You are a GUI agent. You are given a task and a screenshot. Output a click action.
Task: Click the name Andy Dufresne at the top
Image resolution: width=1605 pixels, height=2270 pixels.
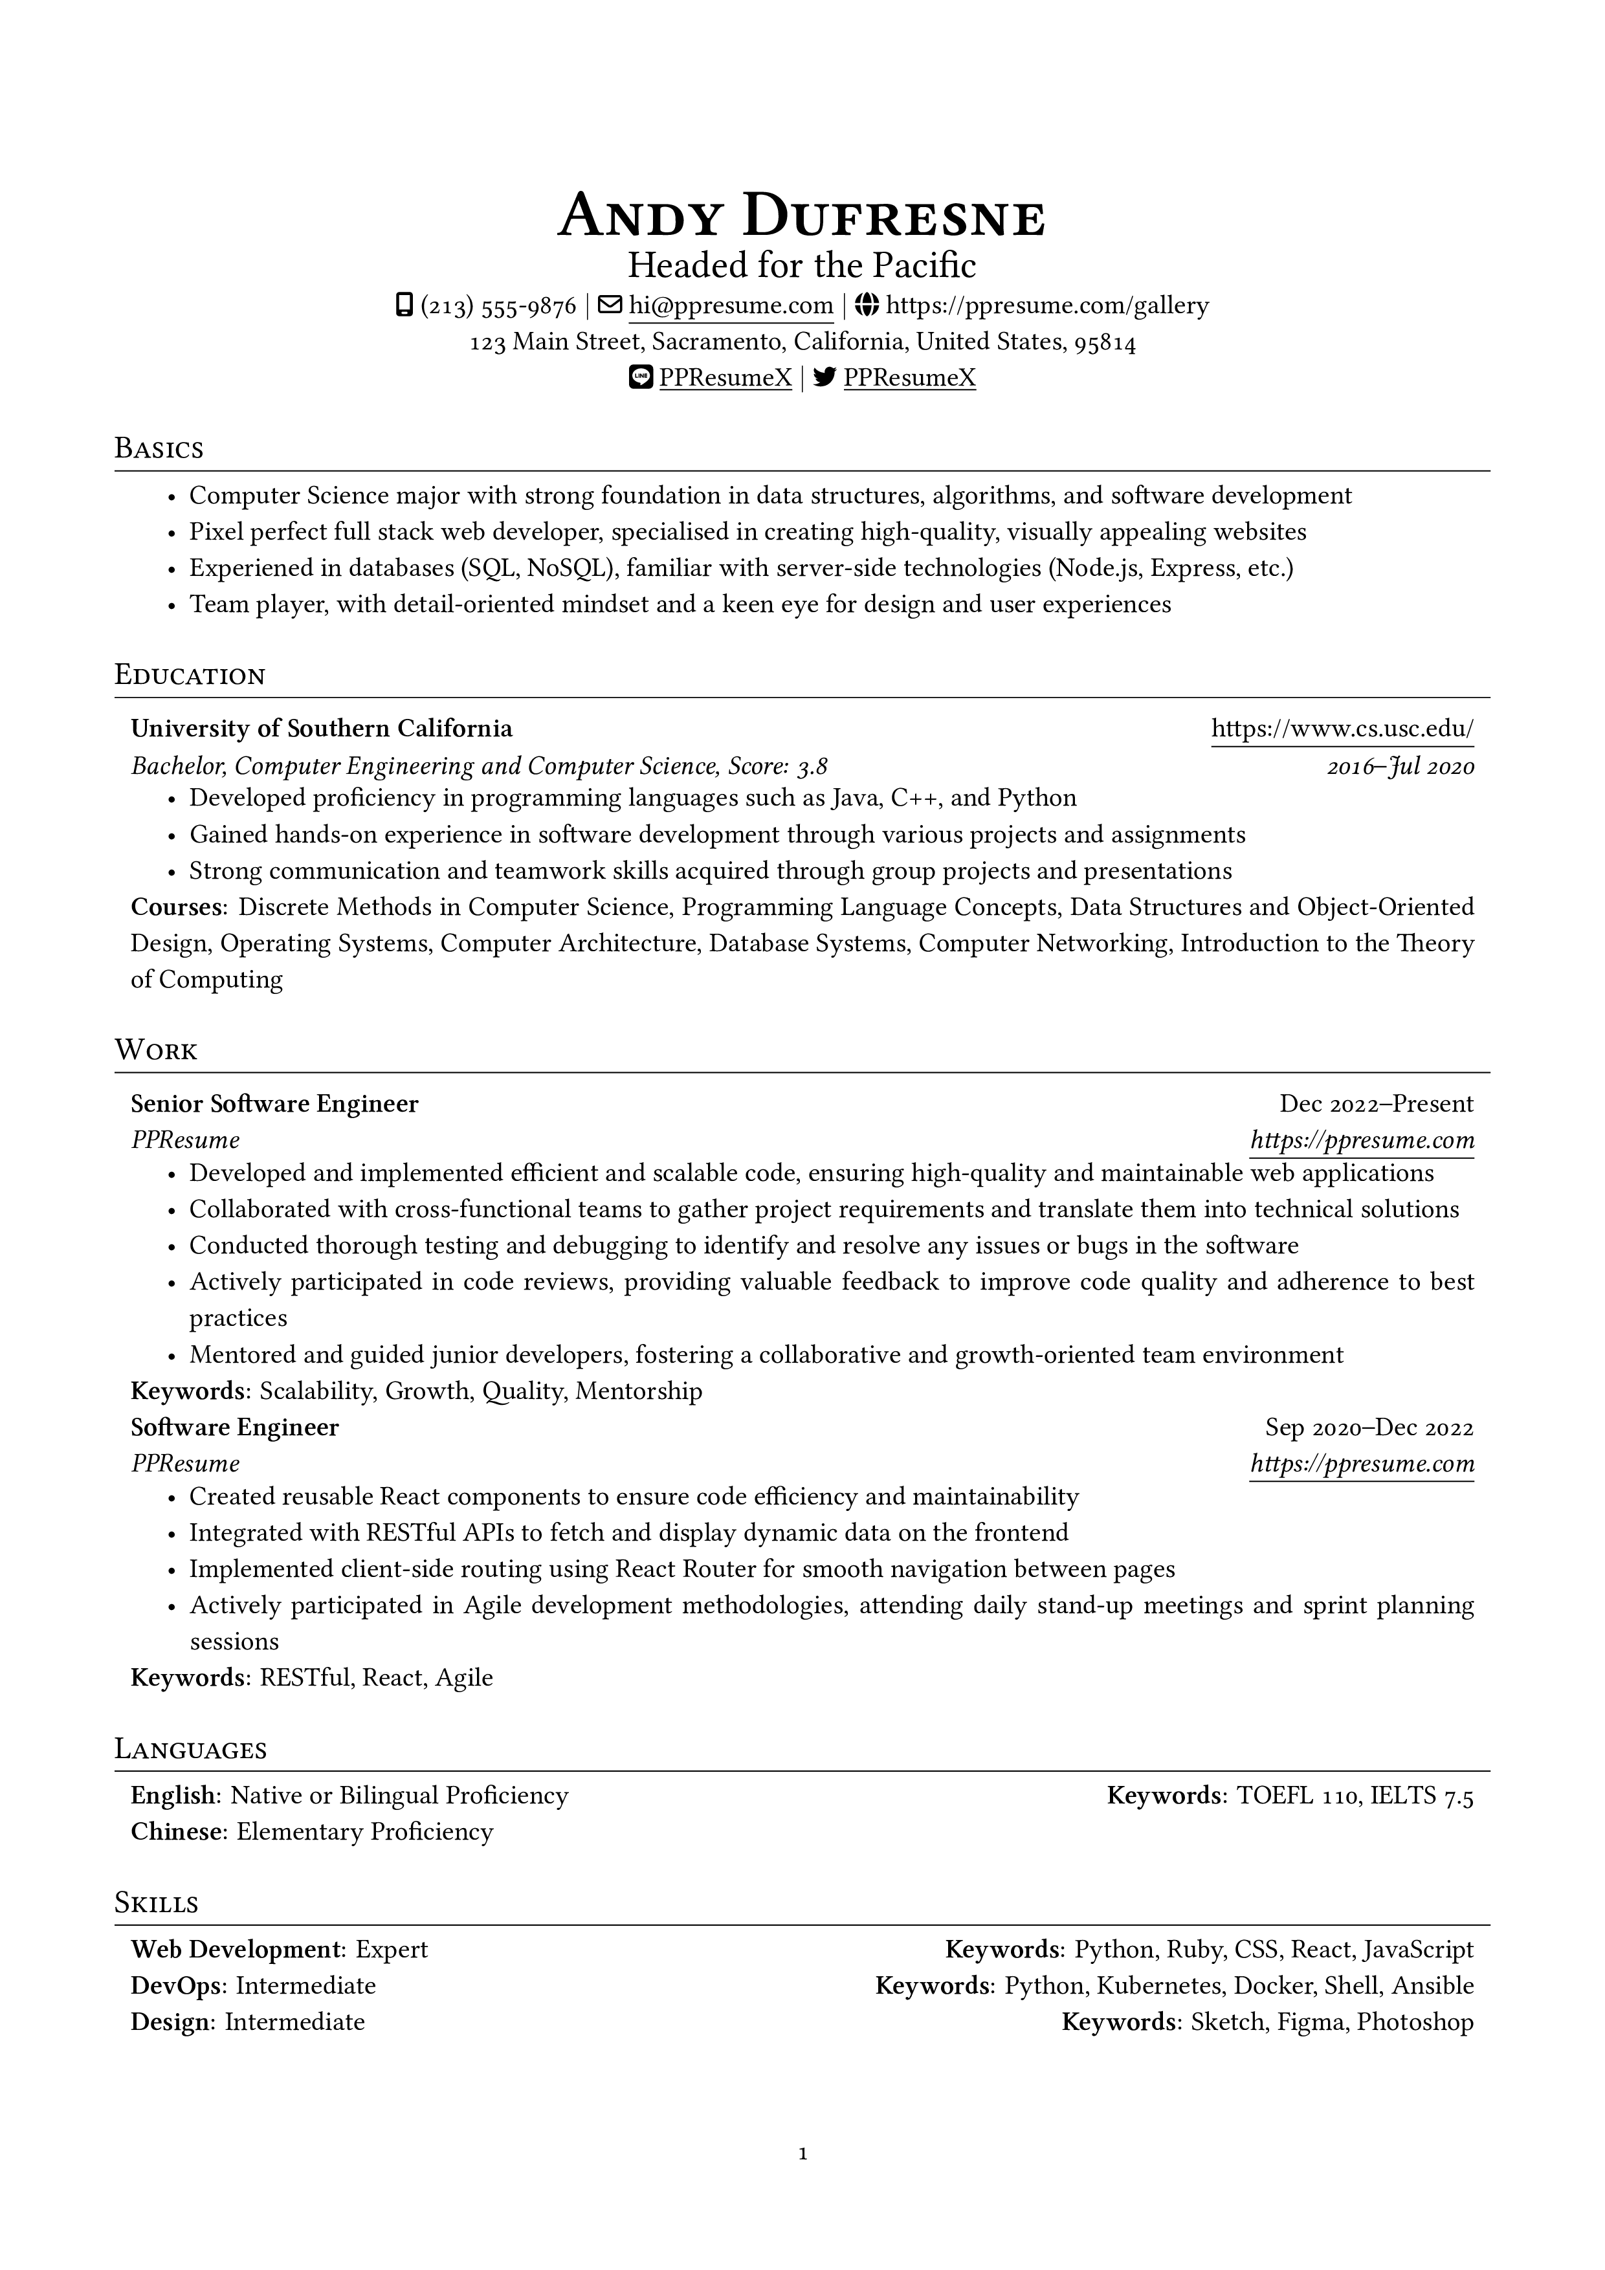[x=801, y=217]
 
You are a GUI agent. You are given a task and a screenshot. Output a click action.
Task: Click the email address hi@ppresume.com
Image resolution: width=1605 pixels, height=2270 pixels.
[x=731, y=307]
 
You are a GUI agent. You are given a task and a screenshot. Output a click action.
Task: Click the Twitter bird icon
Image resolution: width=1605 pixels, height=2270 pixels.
[x=825, y=378]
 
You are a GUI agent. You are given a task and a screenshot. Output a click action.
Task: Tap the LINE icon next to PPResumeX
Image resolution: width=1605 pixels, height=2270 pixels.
[x=641, y=378]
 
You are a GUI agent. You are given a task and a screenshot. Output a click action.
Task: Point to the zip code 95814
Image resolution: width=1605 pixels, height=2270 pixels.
[x=1105, y=343]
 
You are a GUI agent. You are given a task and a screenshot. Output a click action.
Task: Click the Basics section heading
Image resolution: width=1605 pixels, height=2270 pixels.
[x=159, y=449]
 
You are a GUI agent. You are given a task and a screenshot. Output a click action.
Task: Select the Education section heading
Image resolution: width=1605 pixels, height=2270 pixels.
[x=190, y=676]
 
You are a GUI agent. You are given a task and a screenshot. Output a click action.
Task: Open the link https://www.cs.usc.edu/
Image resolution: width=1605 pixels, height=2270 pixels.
[x=1342, y=730]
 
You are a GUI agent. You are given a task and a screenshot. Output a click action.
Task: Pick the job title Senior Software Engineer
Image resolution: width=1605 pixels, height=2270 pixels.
[x=275, y=1105]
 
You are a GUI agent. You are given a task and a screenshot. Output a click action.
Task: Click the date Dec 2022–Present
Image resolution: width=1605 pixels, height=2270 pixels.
[x=1375, y=1105]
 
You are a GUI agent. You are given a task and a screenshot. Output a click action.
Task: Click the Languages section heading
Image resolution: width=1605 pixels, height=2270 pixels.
[x=191, y=1749]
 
